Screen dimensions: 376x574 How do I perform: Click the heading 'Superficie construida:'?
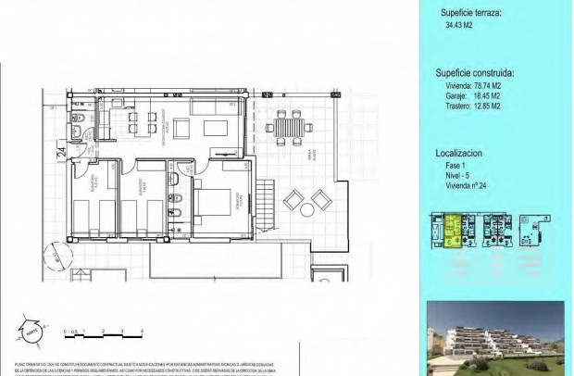pyautogui.click(x=475, y=71)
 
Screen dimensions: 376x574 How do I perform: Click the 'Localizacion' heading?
pyautogui.click(x=461, y=153)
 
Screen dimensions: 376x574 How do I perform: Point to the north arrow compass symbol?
pyautogui.click(x=31, y=329)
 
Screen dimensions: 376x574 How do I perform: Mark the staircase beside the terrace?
pyautogui.click(x=265, y=196)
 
